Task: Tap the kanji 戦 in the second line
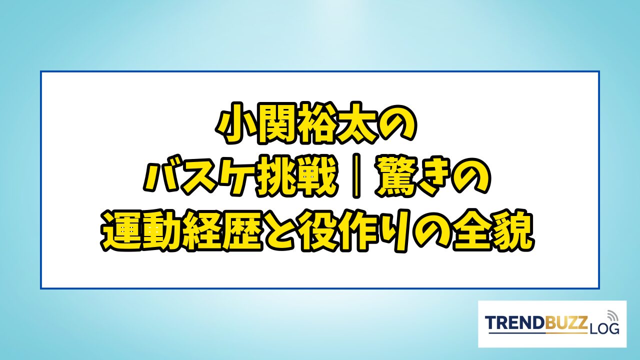coord(316,176)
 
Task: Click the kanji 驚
coord(396,176)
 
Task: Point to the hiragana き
coord(433,176)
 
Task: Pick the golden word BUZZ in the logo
coord(565,322)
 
